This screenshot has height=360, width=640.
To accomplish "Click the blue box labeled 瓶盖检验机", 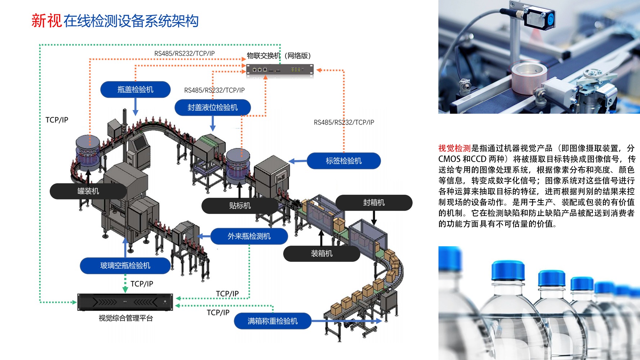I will point(135,90).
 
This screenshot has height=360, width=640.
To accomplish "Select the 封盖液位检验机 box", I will point(212,107).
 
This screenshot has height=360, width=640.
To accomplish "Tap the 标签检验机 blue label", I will point(344,161).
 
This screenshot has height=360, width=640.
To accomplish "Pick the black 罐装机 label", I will point(88,191).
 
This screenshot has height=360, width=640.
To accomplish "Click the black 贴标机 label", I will point(240,206).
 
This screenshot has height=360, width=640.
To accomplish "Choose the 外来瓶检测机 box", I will point(249,236).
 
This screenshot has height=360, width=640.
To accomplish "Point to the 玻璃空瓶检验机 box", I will point(125,266).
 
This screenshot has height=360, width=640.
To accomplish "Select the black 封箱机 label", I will point(374,203).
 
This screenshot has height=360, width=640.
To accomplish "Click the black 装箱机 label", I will point(322,253).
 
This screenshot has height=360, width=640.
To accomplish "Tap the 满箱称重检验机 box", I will point(273,321).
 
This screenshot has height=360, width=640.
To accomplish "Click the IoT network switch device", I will point(279,69).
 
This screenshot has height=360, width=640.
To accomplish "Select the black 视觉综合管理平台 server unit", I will point(125,302).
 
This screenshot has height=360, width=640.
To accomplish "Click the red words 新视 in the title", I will point(46,21).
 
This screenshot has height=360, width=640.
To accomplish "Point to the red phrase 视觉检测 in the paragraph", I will point(454,148).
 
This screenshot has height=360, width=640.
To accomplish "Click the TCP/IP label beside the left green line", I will point(57,120).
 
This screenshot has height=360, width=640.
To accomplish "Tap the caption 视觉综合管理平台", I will point(126,318).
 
